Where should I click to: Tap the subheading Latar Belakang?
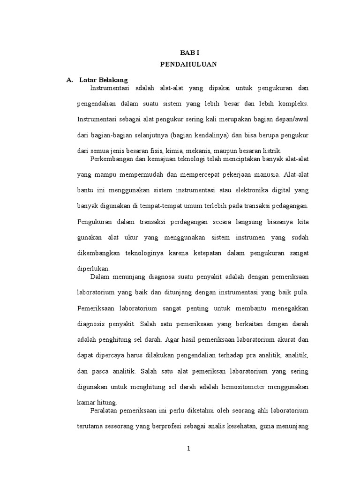[104, 80]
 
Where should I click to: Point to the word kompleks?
[292, 104]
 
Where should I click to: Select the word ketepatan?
[206, 253]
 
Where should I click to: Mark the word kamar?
[86, 403]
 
